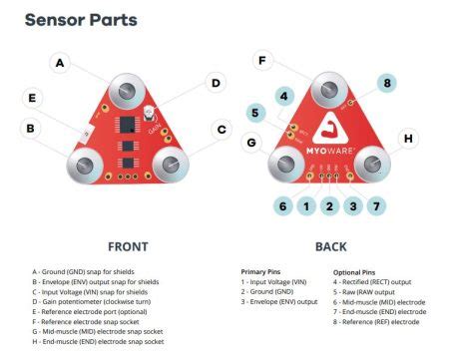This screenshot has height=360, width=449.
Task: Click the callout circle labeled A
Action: (60, 63)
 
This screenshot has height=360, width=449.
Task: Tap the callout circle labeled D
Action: (216, 83)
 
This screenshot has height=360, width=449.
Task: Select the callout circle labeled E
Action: (32, 98)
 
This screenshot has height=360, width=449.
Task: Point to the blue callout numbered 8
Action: (387, 83)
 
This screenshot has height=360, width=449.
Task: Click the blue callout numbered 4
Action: (284, 96)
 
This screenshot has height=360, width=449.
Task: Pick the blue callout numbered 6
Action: (282, 206)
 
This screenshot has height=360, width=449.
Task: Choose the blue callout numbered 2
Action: (329, 206)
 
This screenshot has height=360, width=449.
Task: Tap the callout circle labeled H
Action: (408, 139)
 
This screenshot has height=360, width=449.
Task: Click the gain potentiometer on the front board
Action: (148, 113)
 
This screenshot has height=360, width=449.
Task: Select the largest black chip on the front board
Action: (127, 125)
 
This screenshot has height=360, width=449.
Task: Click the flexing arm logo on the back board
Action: (330, 129)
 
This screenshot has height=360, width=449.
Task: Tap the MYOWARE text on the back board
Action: (329, 151)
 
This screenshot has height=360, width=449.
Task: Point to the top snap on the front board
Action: (127, 91)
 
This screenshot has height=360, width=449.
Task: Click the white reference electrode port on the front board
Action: (86, 134)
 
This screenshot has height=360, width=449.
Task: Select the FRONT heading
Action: (128, 247)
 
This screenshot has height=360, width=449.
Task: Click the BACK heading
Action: (331, 247)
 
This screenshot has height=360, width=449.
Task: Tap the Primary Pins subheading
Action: (260, 272)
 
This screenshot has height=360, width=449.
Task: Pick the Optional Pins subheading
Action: (354, 272)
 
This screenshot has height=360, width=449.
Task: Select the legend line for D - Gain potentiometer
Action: (92, 302)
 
